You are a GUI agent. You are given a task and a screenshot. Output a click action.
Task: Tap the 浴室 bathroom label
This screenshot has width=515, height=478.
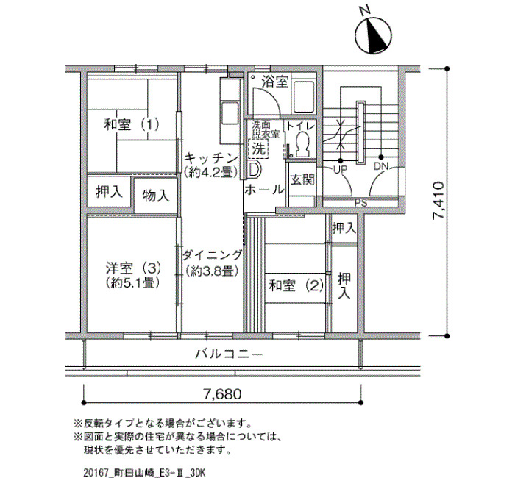tap(275, 82)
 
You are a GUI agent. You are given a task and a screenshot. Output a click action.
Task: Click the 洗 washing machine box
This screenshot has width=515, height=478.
tap(259, 149)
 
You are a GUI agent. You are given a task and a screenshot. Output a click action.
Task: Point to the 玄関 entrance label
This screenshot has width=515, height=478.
tap(302, 179)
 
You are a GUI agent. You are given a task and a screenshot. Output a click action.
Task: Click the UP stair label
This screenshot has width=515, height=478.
tap(341, 170)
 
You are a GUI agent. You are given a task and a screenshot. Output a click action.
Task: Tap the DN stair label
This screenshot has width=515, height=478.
tap(380, 166)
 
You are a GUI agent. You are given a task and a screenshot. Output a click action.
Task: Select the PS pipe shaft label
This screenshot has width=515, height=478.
tap(360, 202)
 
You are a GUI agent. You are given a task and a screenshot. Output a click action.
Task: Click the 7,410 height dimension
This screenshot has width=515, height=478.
tap(438, 201)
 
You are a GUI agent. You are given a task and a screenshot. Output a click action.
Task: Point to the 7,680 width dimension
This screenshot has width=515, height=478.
tap(223, 394)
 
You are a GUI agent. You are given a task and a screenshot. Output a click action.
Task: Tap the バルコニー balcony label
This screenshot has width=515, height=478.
tap(230, 354)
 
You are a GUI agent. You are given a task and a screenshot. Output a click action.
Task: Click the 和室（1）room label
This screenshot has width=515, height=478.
tap(132, 125)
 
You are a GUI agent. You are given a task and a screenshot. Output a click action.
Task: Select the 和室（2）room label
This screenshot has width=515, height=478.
tap(296, 285)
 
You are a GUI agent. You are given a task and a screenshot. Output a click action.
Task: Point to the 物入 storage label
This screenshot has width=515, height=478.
tap(156, 196)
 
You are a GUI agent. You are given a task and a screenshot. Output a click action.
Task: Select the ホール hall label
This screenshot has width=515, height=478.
tap(264, 190)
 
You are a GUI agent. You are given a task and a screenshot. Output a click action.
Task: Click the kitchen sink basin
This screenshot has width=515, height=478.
tap(230, 113)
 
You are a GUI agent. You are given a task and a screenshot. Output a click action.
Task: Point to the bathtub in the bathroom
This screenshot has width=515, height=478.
tap(304, 97)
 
